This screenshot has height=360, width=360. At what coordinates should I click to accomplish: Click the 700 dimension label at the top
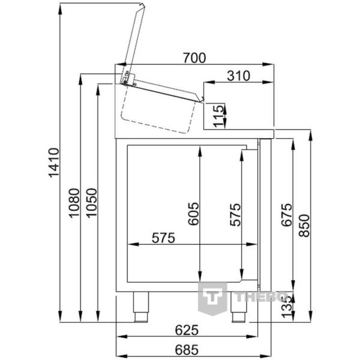coord(194,58)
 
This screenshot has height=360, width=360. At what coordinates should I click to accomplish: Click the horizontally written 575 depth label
coord(163,238)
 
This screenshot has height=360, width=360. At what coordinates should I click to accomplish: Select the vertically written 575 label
coord(236,214)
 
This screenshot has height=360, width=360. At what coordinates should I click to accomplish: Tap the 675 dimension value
coord(286,215)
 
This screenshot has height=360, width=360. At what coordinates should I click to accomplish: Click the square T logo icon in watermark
coord(212,297)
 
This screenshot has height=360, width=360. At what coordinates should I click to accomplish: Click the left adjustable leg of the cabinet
coord(142,306)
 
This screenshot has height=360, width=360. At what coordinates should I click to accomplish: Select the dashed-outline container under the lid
coord(159,110)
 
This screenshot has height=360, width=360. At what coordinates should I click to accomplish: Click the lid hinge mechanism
coord(126,77)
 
